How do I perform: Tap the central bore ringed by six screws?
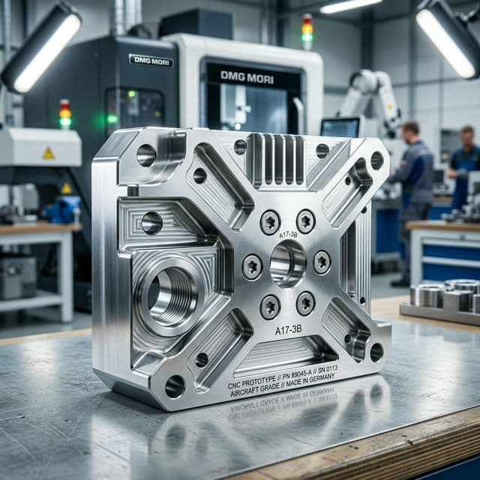288,262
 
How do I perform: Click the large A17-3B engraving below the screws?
289,328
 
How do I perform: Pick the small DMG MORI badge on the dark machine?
150,60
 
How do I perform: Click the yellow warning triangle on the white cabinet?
48,153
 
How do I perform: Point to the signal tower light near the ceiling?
307,30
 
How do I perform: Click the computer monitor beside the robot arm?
340,127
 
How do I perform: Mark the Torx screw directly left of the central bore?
251,265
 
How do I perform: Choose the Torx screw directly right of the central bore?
322,261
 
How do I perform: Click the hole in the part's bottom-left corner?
175,385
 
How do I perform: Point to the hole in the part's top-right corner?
376,160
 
